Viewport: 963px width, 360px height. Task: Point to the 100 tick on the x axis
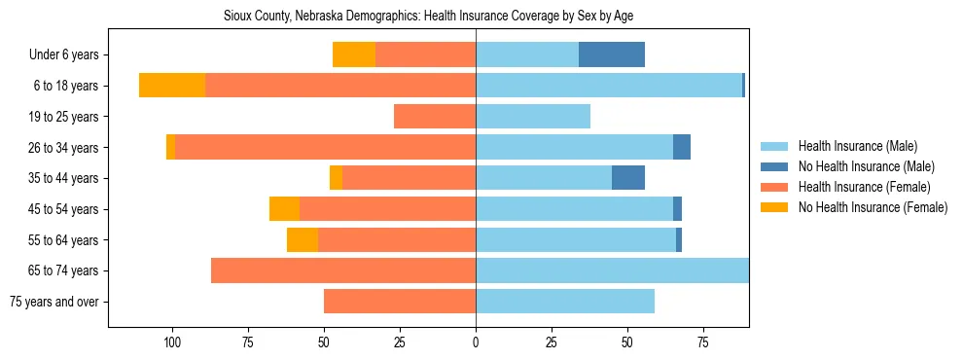pos(172,342)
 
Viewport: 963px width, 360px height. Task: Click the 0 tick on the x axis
pos(476,342)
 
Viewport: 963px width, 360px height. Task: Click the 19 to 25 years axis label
pos(65,117)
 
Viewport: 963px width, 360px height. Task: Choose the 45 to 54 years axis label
pos(65,209)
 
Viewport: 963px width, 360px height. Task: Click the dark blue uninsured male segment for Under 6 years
pos(612,54)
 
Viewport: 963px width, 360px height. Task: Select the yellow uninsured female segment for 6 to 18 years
pos(172,86)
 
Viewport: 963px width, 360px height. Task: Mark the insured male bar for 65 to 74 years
pos(612,270)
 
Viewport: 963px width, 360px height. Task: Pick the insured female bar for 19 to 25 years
pos(435,117)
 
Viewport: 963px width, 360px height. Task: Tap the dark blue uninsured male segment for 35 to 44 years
pos(628,178)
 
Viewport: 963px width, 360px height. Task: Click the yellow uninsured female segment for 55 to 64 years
pos(303,239)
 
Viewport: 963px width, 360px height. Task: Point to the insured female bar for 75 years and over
pos(400,302)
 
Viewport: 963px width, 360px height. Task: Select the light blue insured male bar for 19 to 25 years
pos(533,117)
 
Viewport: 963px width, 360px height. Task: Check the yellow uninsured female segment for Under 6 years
pos(354,54)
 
